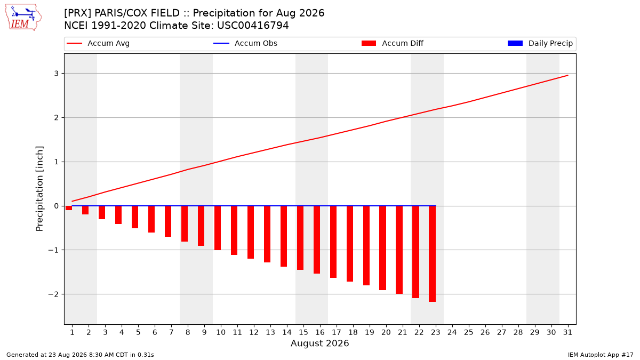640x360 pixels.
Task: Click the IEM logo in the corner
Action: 23,18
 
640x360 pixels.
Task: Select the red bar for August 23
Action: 432,254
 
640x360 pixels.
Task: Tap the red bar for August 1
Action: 69,208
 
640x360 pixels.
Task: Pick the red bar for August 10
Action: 218,228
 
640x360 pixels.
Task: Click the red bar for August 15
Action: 300,238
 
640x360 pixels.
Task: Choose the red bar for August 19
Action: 366,245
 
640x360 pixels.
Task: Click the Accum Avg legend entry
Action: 98,43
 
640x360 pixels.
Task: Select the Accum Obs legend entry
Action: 245,43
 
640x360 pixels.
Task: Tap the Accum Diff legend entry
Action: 393,43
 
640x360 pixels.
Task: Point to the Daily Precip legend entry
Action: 540,43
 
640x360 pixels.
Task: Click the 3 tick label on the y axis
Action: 57,74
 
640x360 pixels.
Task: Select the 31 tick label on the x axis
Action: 567,332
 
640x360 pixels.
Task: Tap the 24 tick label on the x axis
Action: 452,332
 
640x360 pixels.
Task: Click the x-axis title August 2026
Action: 319,343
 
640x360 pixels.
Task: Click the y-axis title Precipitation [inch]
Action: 39,189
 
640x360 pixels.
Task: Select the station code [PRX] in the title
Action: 77,13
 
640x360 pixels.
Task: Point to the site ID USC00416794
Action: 253,26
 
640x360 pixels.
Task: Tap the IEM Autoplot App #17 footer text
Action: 601,355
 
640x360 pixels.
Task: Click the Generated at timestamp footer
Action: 80,355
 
